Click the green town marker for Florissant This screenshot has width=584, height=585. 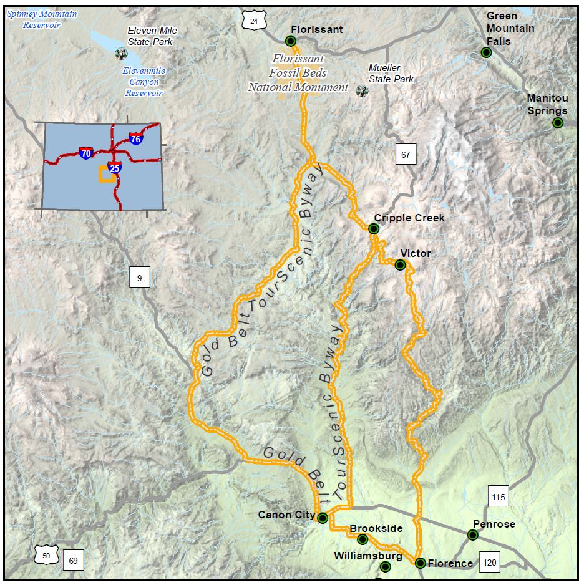tap(290, 41)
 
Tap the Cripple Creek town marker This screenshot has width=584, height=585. tap(374, 229)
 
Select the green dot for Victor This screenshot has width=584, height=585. tap(400, 265)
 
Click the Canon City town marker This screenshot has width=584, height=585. tap(323, 518)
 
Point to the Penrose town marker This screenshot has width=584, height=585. tap(473, 534)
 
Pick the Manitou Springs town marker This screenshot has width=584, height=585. tap(558, 123)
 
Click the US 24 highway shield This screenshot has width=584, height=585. tap(254, 21)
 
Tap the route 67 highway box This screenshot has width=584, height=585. tap(406, 154)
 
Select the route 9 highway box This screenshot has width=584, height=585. tap(139, 277)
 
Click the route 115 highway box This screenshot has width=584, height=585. tap(498, 497)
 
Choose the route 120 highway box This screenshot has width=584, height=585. tap(490, 563)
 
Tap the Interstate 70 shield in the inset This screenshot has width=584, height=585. tap(86, 152)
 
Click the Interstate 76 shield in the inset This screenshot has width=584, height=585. tap(135, 138)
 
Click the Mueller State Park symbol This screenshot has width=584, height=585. tap(362, 92)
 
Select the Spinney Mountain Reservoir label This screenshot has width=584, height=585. tap(42, 19)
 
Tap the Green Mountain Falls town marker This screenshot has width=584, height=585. tap(487, 53)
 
